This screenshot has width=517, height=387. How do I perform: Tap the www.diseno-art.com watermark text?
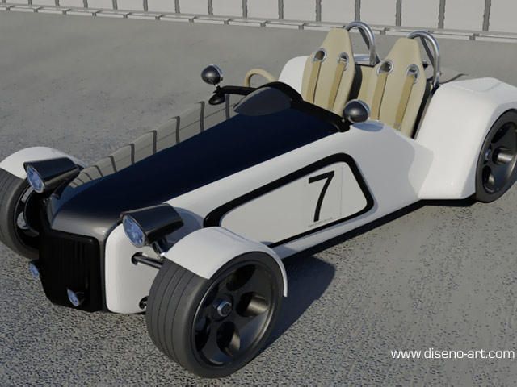pos(452,354)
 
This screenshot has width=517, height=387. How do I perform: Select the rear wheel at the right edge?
pos(498,158)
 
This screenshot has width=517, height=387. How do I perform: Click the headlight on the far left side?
pos(36,178)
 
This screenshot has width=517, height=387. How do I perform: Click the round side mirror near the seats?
pos(355,111)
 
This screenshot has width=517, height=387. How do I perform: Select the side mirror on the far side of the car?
pos(212,75)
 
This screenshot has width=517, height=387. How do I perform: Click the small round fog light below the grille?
pos(74,298)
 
